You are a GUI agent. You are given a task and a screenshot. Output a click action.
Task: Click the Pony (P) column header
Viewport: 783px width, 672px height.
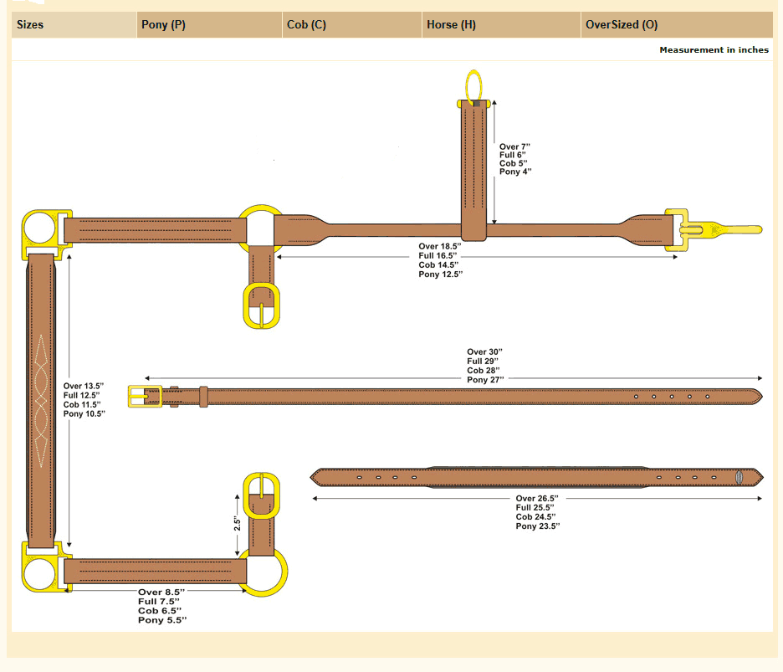164,25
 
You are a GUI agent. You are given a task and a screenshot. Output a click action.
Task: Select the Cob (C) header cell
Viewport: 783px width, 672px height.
306,25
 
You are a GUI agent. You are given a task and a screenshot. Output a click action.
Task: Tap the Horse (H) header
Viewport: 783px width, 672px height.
451,25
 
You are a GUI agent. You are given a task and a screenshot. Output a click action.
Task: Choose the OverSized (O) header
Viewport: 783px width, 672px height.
622,25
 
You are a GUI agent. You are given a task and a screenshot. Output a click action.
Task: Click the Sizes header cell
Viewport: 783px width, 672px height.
30,25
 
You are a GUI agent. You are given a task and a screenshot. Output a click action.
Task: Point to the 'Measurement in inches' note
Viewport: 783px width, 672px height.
714,50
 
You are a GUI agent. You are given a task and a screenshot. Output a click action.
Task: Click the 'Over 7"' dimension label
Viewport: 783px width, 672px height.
515,146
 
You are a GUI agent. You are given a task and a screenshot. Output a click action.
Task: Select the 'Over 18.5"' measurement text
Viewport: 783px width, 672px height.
439,246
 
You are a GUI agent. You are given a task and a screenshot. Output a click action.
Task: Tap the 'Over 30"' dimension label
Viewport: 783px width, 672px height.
484,352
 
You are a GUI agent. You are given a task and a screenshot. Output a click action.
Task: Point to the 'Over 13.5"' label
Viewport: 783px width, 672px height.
84,386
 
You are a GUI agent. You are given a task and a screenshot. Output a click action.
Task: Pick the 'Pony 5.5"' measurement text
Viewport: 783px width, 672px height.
162,620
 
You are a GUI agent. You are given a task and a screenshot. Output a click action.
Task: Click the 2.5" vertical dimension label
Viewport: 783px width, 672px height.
238,524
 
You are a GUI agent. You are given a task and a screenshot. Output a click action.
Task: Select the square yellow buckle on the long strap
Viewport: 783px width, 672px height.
144,396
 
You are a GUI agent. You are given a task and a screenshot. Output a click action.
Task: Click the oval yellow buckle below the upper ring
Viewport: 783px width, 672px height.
263,305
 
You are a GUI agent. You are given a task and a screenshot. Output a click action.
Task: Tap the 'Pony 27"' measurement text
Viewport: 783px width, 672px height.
485,380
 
